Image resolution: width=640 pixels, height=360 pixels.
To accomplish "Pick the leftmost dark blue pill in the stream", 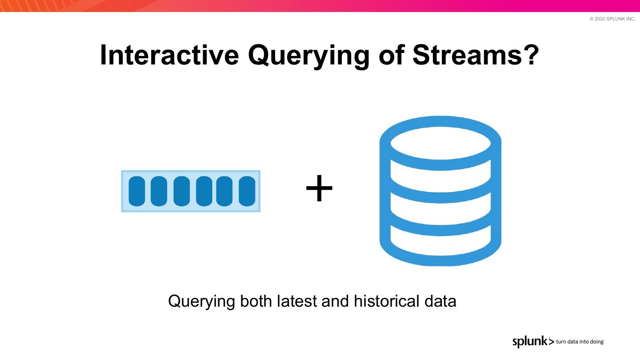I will (137, 191).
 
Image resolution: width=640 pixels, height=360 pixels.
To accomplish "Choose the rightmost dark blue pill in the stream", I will (247, 191).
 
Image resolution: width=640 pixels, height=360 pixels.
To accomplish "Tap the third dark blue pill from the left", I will (181, 191).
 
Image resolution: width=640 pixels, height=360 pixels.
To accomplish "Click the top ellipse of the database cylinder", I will (440, 143).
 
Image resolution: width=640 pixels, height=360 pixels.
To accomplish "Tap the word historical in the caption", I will (386, 301).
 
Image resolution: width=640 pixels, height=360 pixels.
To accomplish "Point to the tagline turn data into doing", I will (580, 342).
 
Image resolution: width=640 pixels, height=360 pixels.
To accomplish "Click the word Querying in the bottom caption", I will (202, 302).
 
